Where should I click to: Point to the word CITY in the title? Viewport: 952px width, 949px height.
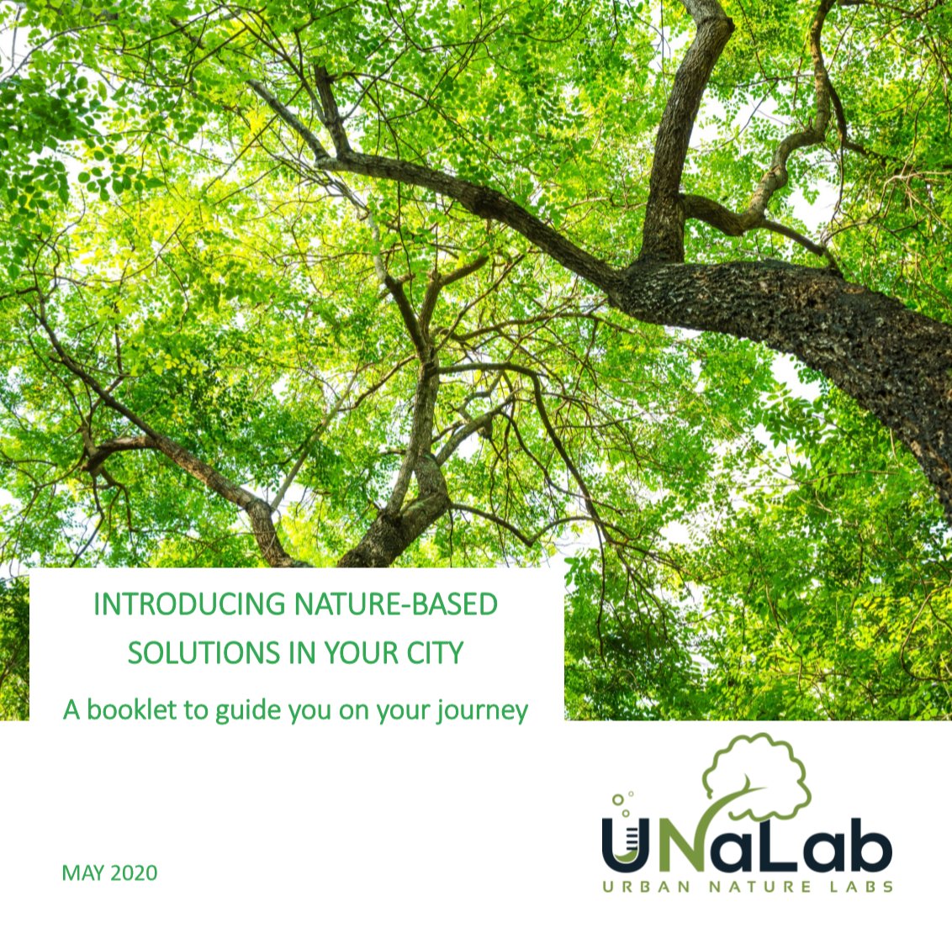[435, 653]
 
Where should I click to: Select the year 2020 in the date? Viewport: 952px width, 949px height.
[134, 873]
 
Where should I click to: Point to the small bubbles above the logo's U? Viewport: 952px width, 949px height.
[621, 799]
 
